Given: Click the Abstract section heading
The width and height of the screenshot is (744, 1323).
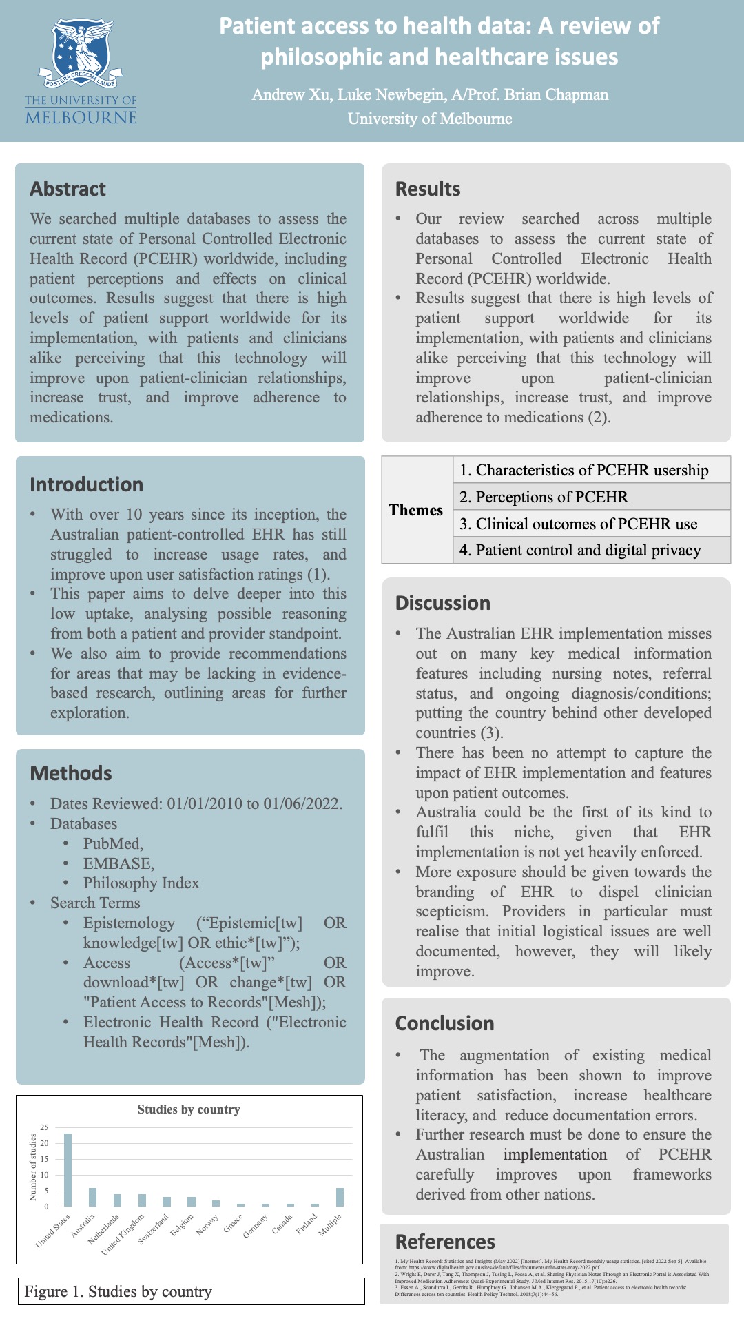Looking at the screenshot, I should point(68,189).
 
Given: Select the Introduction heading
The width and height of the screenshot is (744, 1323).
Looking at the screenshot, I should point(86,484).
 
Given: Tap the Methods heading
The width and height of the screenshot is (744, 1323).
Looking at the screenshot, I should point(70,773).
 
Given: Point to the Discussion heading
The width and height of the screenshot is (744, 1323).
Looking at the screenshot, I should point(442,603).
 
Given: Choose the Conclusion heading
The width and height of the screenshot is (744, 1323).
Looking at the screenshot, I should point(444,1023).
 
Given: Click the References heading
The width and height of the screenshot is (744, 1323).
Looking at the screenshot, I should point(444,1242).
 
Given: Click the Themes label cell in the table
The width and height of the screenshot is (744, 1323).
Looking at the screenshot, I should point(416,510).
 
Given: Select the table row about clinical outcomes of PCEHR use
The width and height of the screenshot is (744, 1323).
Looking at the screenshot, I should point(591,524).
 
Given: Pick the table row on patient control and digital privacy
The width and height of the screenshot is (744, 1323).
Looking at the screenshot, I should point(591,550).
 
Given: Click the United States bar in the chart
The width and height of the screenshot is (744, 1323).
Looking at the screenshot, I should point(68,1170).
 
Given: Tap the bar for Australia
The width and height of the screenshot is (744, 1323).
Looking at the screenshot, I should point(92,1197).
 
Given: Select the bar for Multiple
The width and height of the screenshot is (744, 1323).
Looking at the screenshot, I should point(340,1197).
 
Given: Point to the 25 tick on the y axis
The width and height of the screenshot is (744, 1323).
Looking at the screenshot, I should point(44,1127).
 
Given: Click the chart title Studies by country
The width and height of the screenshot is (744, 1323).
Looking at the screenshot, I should point(189,1109).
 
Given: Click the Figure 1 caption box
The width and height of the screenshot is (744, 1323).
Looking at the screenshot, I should point(190,1291).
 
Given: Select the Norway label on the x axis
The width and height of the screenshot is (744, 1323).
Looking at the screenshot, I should point(208,1223).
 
